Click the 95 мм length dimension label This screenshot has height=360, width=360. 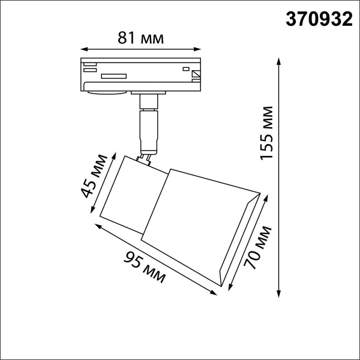[145, 268]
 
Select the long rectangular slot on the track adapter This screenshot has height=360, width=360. [113, 76]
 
